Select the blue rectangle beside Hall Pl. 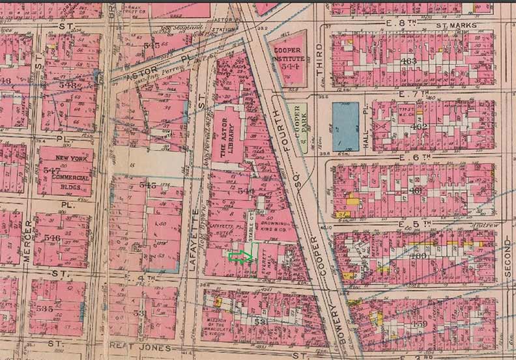pos(345,126)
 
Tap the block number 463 pos(409,61)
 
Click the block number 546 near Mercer pos(53,238)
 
